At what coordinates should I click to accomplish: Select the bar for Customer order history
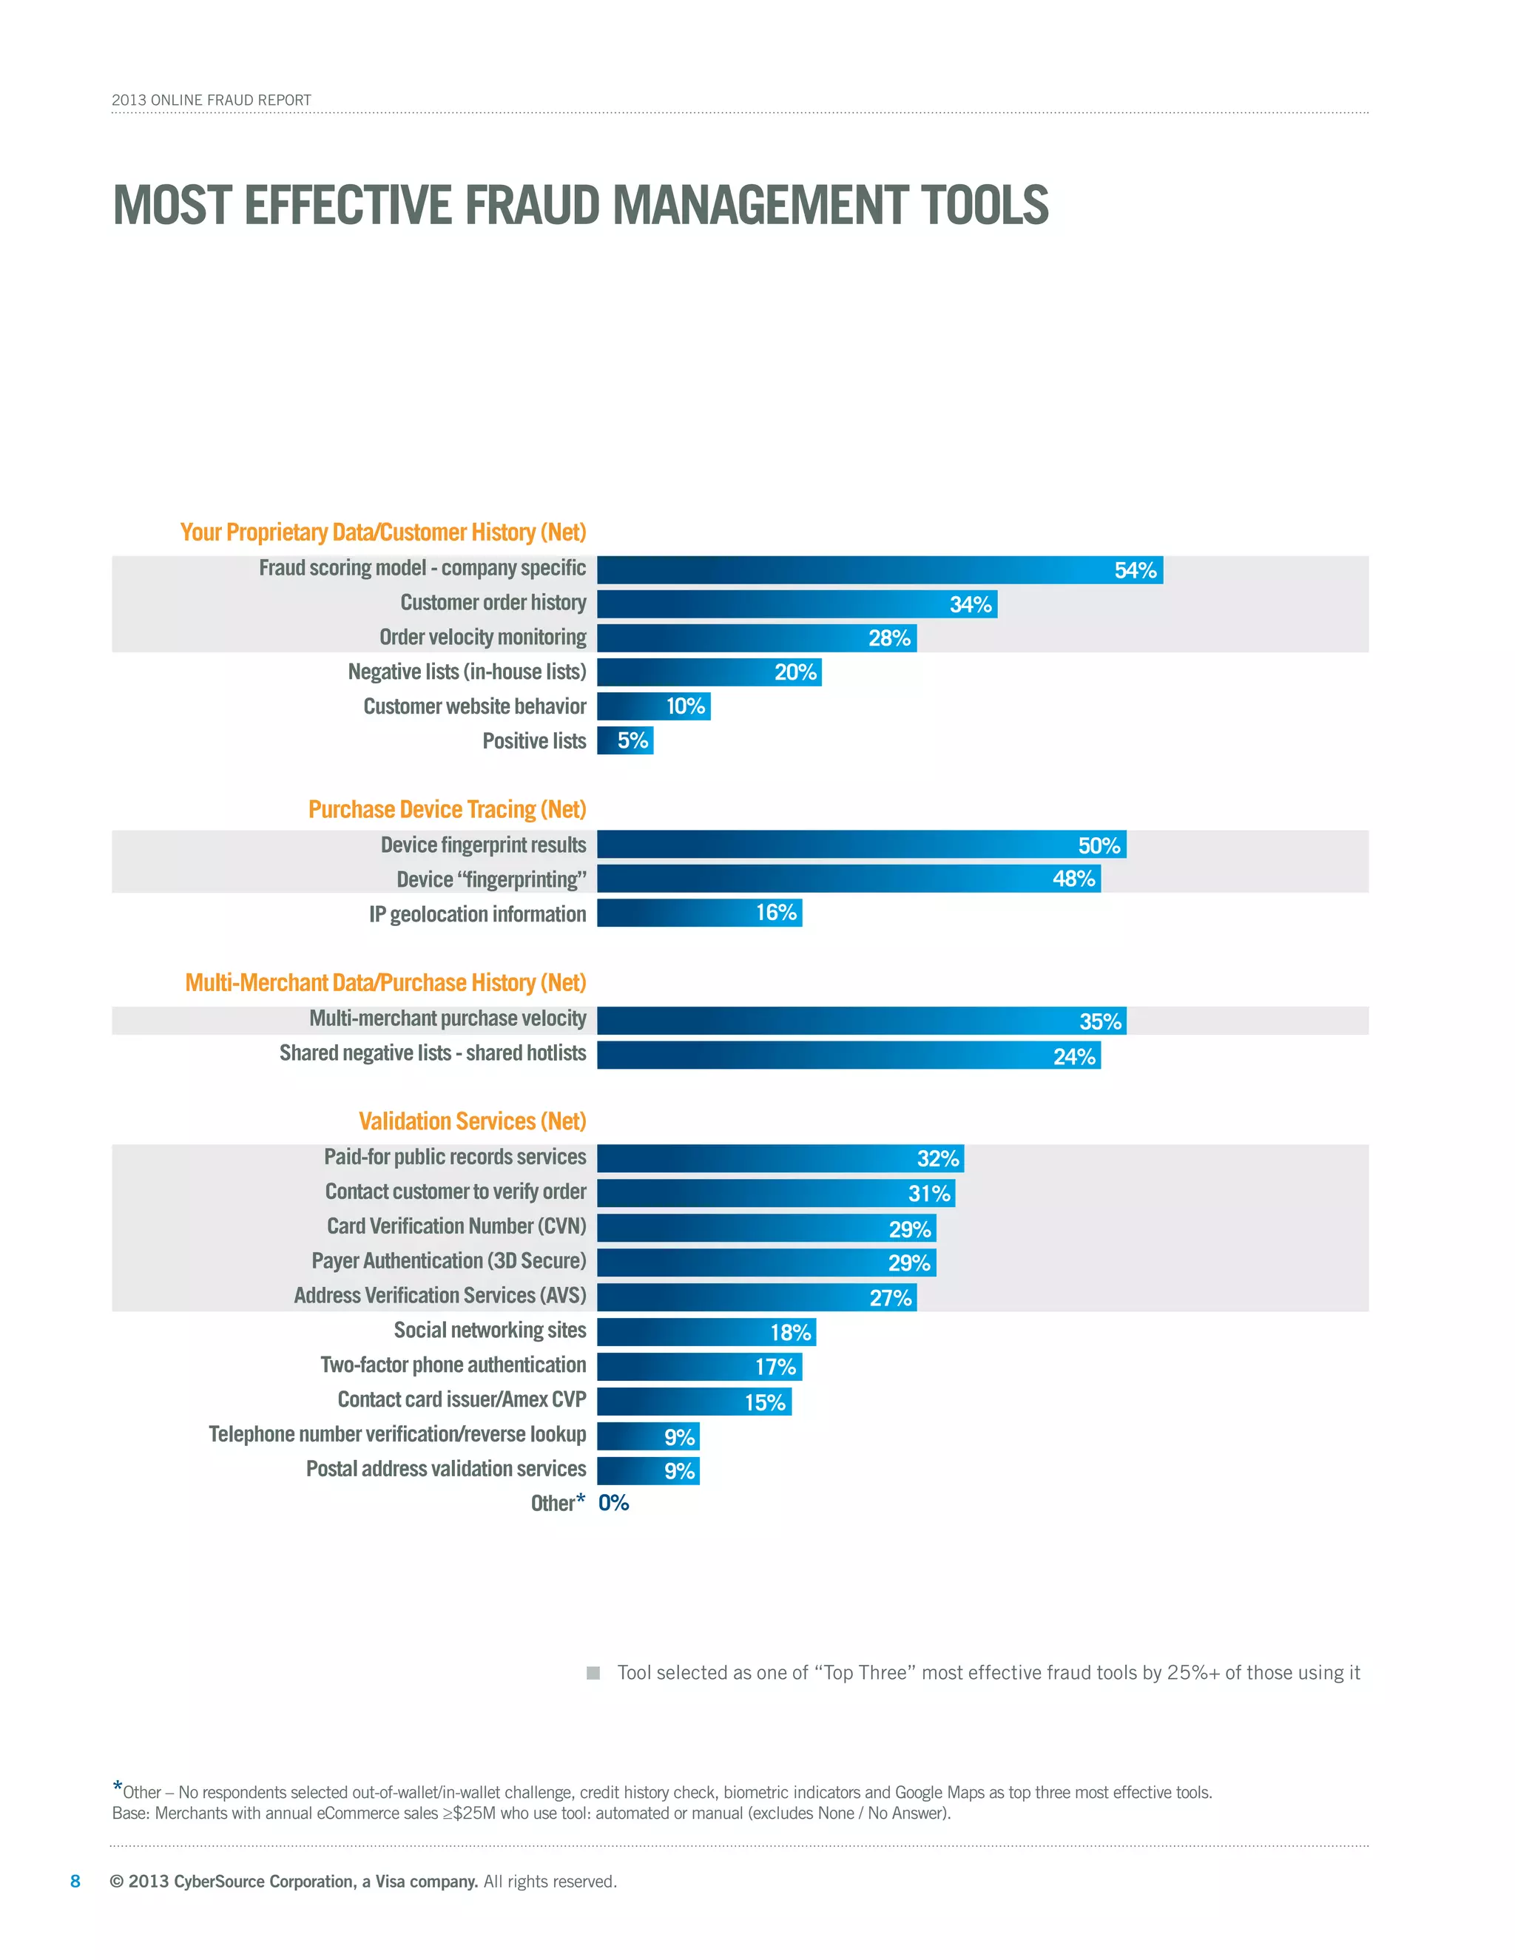coord(796,604)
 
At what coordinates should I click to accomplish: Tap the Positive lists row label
coord(534,741)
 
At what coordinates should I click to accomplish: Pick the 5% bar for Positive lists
coord(626,740)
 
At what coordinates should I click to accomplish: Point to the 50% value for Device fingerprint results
coord(1099,845)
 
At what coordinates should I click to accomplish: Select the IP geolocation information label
coord(477,914)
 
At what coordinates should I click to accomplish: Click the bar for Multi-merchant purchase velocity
coord(861,1021)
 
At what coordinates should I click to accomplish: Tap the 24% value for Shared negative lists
coord(1073,1056)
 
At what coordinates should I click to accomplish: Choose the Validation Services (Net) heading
coord(472,1122)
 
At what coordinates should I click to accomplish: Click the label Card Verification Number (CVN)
coord(456,1227)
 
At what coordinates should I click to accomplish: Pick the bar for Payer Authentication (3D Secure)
coord(766,1263)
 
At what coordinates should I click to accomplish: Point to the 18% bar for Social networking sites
coord(706,1332)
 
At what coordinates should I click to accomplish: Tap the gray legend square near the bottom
coord(593,1673)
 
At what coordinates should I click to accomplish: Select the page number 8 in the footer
coord(75,1881)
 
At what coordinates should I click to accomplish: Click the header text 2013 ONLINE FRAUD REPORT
coord(211,100)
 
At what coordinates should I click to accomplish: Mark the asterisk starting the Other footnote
coord(118,1787)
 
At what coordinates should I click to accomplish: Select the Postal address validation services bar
coord(648,1471)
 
